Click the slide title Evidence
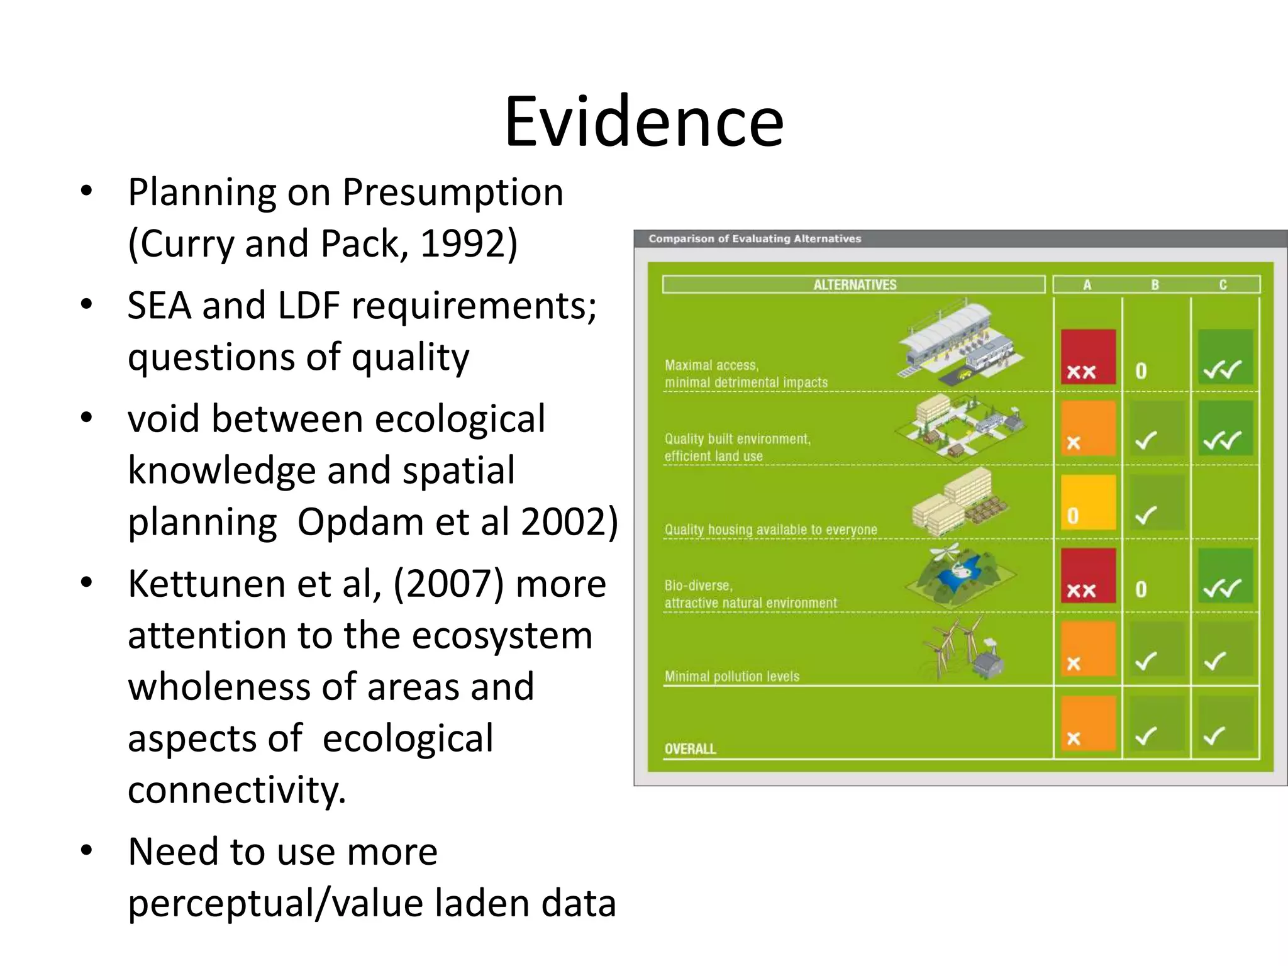tap(644, 121)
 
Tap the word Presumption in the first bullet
tap(453, 192)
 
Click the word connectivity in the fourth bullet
tap(236, 790)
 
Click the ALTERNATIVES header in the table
tap(854, 284)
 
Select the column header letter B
tap(1155, 284)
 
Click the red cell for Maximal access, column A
tap(1088, 357)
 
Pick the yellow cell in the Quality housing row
tap(1088, 502)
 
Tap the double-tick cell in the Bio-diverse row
tap(1224, 576)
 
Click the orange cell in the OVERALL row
tap(1088, 723)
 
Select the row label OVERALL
tap(690, 748)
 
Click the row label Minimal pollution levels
tap(731, 676)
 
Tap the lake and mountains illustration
tap(959, 575)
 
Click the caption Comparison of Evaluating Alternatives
tap(755, 238)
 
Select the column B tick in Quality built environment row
tap(1156, 429)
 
